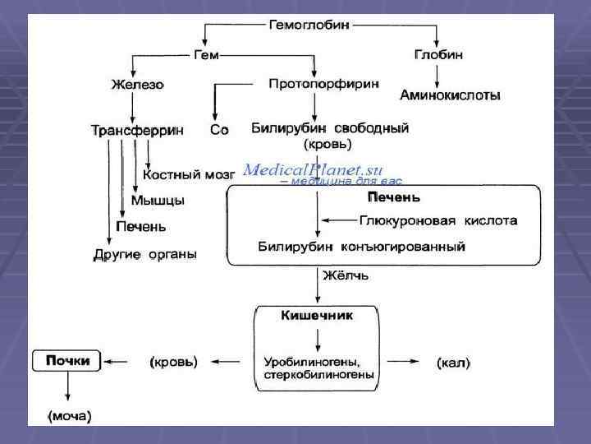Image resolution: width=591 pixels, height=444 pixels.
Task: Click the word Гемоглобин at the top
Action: pyautogui.click(x=309, y=25)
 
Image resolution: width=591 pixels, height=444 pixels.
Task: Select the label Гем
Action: pyautogui.click(x=206, y=55)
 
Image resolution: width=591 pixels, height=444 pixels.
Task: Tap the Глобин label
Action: pyautogui.click(x=438, y=54)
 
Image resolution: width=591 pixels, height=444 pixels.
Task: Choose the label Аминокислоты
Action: pyautogui.click(x=451, y=96)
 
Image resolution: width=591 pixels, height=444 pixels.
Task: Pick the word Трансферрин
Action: pyautogui.click(x=136, y=130)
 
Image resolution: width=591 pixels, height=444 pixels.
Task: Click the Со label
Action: pyautogui.click(x=219, y=130)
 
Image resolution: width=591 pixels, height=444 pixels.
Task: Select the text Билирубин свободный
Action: pyautogui.click(x=330, y=128)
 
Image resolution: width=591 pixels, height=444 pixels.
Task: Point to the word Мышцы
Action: pyautogui.click(x=158, y=201)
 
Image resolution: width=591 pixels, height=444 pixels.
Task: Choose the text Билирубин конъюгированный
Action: pyautogui.click(x=362, y=246)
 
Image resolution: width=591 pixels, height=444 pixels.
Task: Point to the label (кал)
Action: pyautogui.click(x=454, y=362)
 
